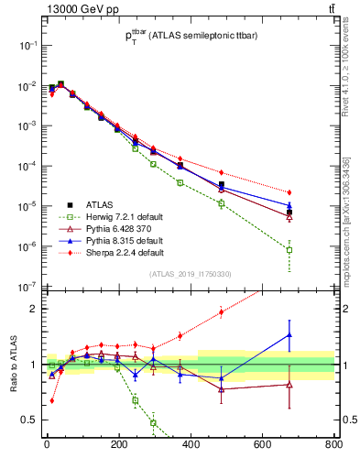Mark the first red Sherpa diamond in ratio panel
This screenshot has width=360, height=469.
51,400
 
